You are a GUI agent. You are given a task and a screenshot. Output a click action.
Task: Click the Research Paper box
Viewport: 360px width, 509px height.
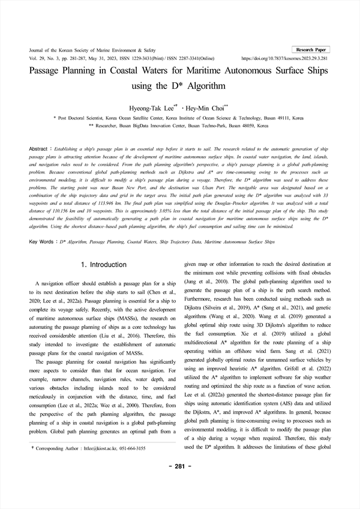click(311, 49)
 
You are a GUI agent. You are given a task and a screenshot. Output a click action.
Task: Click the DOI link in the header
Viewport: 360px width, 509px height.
click(285, 59)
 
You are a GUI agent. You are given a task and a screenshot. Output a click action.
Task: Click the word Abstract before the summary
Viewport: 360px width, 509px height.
click(39, 148)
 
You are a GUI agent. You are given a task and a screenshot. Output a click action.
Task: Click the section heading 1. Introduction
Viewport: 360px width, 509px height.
click(103, 265)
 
